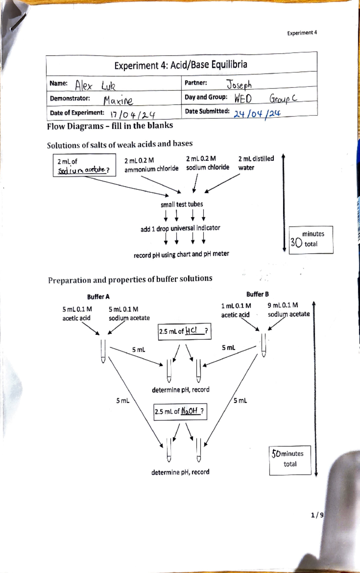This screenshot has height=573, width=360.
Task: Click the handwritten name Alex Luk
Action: (x=95, y=86)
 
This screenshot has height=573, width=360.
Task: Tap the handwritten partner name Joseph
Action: (x=239, y=85)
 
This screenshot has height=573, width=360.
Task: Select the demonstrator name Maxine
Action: (x=118, y=101)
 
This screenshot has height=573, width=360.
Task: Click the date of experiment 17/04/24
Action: (x=133, y=115)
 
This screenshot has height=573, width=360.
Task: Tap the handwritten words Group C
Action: (x=283, y=98)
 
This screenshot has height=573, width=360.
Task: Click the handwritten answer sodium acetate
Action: (x=82, y=170)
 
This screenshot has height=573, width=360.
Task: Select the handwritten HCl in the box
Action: (x=191, y=331)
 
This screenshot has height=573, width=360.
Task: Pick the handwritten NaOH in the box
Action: (x=189, y=411)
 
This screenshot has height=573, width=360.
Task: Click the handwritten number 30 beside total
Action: (x=296, y=243)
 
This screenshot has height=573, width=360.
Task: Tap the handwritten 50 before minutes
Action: (x=276, y=453)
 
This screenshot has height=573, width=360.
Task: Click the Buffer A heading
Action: (x=98, y=297)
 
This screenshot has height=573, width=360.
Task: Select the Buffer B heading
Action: (x=257, y=294)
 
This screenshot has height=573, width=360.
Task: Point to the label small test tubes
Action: (x=182, y=204)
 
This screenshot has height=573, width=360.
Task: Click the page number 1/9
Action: (x=317, y=515)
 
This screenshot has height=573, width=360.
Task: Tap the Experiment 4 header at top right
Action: (x=302, y=33)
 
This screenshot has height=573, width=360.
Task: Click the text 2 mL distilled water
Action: (x=256, y=163)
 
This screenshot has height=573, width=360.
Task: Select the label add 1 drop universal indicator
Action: (x=180, y=228)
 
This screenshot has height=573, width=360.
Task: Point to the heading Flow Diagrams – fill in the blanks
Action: (x=110, y=126)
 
